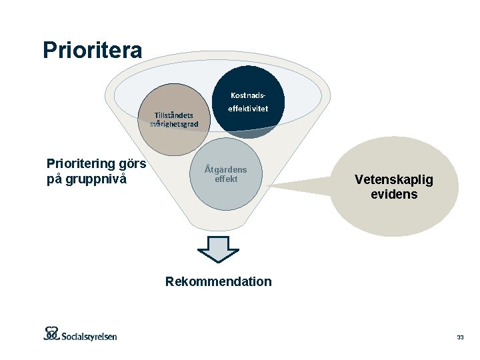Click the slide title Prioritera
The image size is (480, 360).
click(92, 50)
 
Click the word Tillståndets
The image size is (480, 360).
click(174, 115)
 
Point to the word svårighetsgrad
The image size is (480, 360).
click(174, 124)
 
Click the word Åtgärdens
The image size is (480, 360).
click(225, 169)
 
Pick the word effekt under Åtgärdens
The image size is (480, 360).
click(225, 179)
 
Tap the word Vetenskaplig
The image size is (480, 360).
click(393, 179)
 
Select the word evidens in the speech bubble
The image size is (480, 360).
click(394, 195)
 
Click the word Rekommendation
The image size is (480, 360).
click(219, 281)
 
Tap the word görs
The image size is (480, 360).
click(132, 164)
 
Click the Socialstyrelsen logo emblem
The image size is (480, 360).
click(52, 333)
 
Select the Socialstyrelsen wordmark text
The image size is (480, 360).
click(91, 335)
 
